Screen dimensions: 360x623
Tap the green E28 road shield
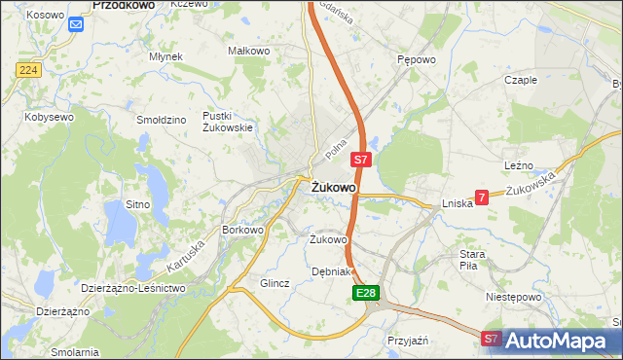[365, 293]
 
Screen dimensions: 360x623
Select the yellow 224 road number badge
[27, 69]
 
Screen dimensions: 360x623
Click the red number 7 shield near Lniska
[481, 197]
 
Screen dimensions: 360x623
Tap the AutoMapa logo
[557, 341]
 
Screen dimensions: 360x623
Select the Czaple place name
[521, 80]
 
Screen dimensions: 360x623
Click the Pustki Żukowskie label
[228, 121]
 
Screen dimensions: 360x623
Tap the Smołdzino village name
[162, 120]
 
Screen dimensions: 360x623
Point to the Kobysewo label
[49, 117]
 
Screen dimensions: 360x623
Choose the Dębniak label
[330, 271]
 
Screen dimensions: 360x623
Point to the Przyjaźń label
[408, 341]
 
